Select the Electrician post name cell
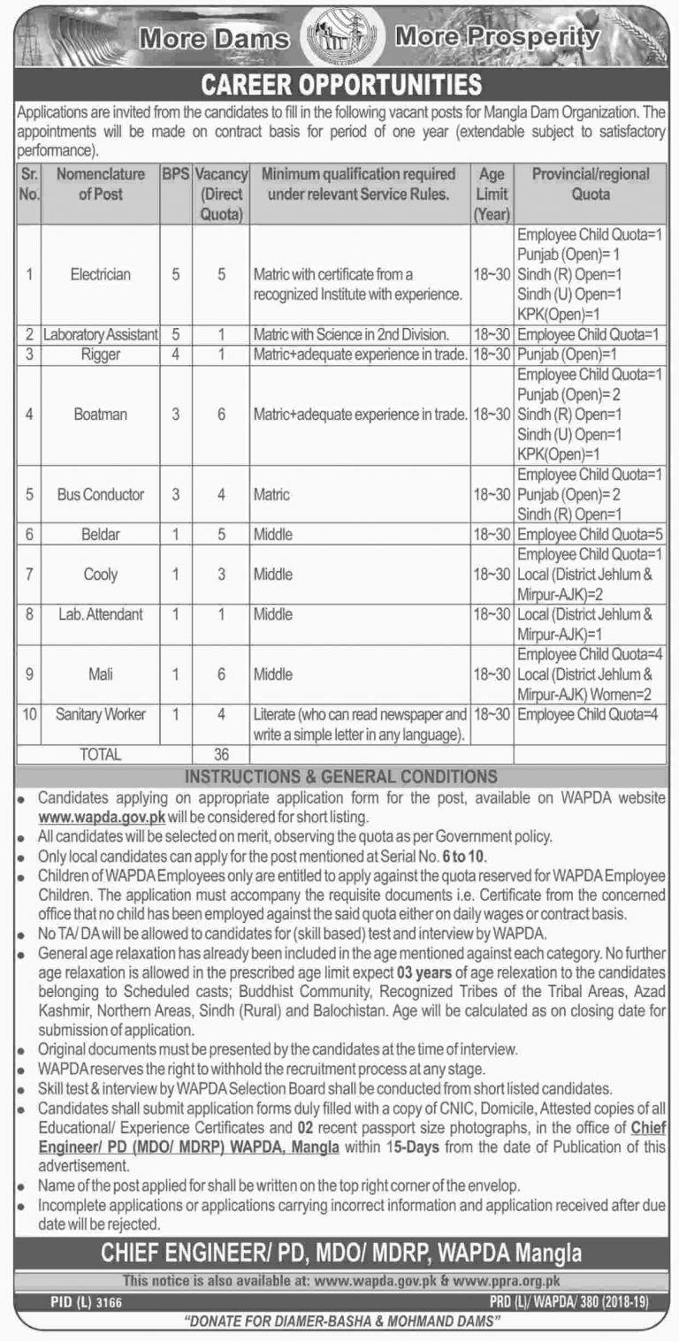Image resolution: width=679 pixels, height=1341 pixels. coord(101,275)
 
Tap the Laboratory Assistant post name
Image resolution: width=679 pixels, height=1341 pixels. coord(101,335)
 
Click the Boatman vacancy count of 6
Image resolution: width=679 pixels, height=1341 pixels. coord(222,413)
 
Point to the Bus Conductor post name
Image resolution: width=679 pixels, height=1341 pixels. coord(101,495)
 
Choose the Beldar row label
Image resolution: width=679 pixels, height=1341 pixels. coord(101,536)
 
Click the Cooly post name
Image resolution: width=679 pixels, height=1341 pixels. coord(101,575)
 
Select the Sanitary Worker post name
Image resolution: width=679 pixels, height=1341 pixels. coord(101,713)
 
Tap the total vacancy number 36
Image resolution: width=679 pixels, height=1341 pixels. coord(222,756)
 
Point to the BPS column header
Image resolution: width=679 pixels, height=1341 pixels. coord(176,175)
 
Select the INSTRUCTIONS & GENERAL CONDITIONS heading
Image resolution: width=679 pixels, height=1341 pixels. coord(339,777)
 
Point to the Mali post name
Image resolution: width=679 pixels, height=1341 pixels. coord(101,674)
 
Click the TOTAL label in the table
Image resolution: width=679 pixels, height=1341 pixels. coord(101,756)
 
